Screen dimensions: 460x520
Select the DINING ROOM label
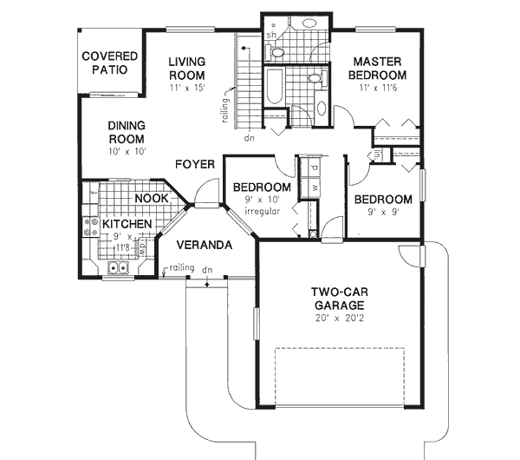[x=126, y=131]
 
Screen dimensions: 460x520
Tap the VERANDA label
[x=205, y=245]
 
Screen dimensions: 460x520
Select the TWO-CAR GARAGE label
[x=340, y=299]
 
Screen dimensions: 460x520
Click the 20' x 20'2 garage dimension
[x=340, y=319]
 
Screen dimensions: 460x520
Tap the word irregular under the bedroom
[x=260, y=211]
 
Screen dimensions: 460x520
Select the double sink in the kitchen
[x=115, y=268]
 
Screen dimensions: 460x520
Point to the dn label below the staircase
[x=249, y=138]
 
